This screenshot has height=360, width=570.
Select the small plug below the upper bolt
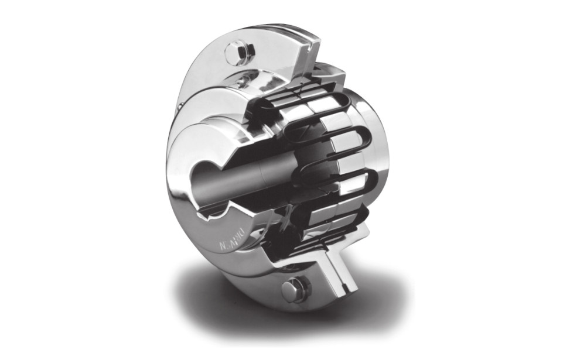[x=241, y=82]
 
